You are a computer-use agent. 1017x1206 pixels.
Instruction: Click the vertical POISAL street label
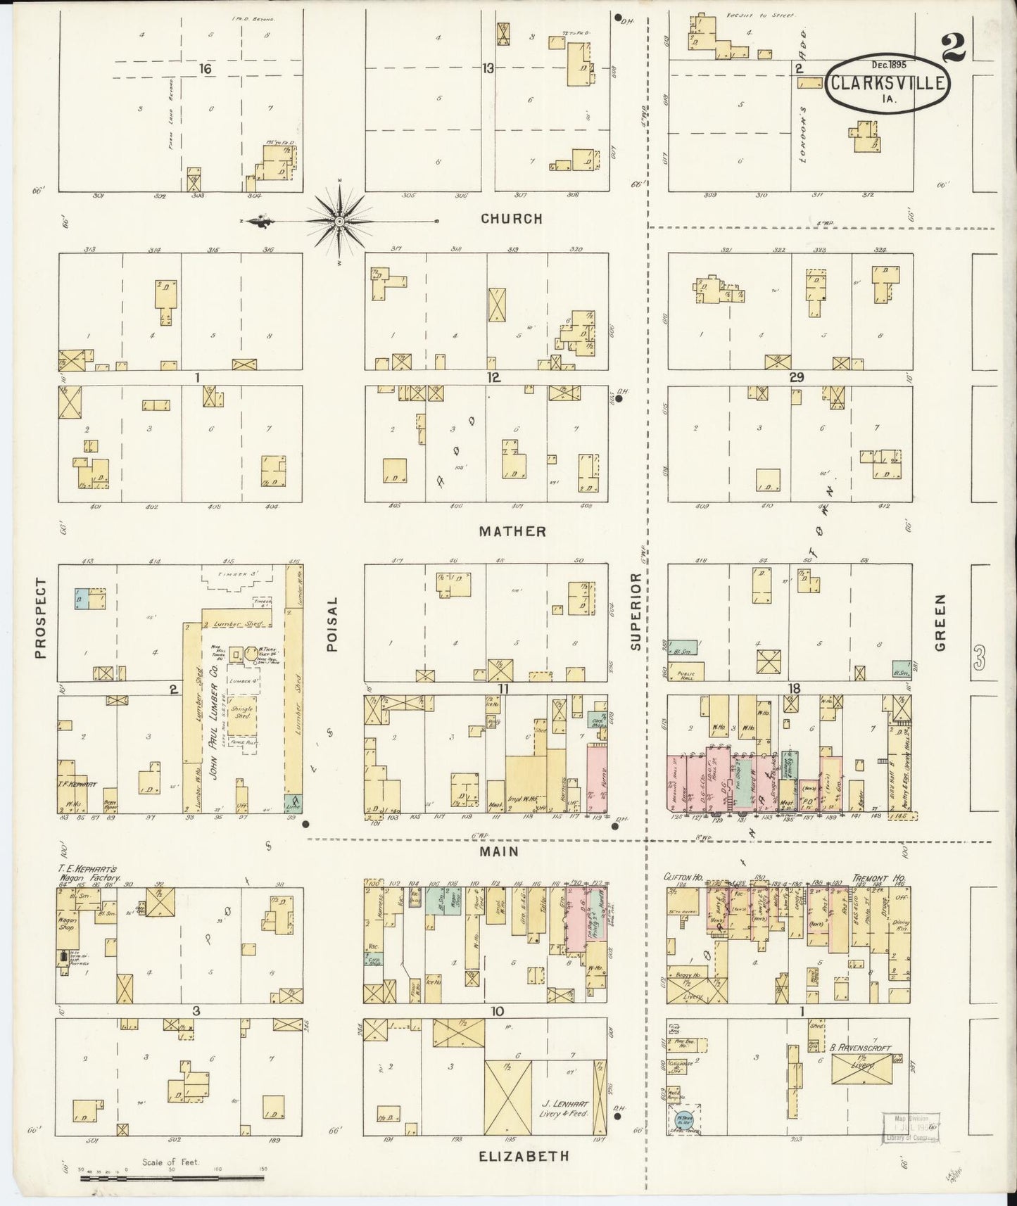coord(334,624)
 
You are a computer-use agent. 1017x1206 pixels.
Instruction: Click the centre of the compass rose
coord(340,222)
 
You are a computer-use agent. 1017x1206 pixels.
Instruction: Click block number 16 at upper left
coord(205,68)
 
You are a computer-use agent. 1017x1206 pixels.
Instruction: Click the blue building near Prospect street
coord(83,598)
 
